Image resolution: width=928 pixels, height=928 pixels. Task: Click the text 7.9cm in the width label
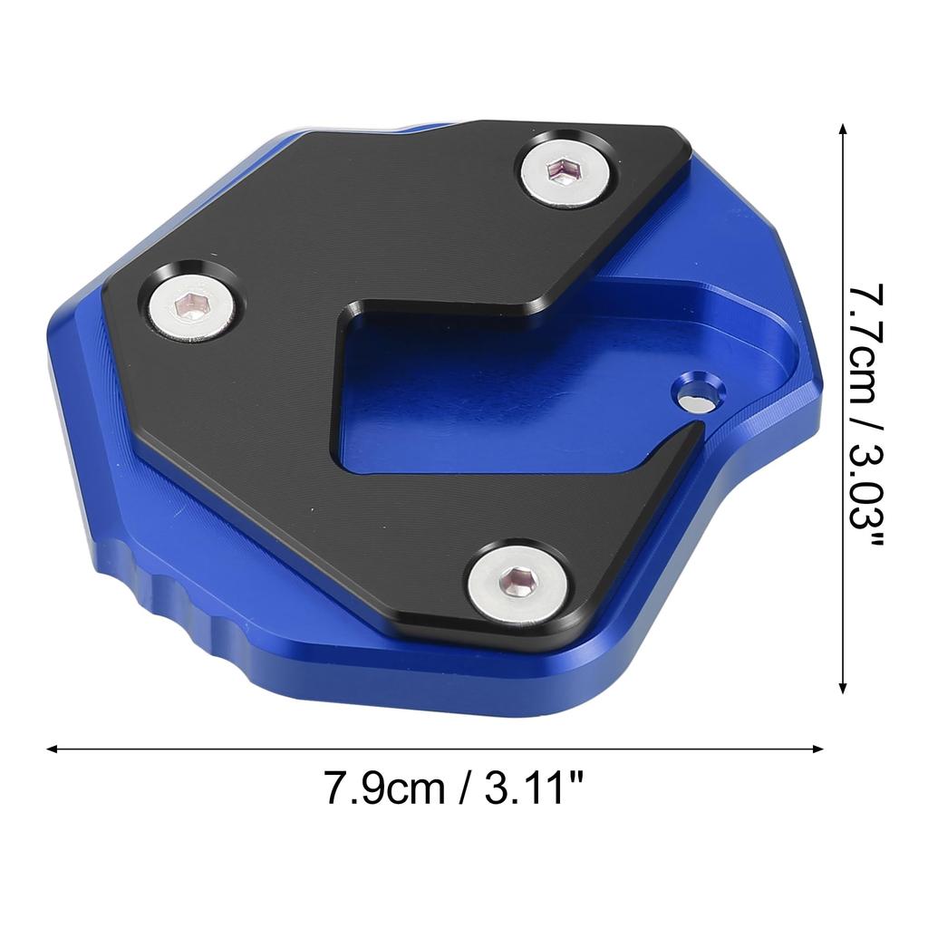pos(384,788)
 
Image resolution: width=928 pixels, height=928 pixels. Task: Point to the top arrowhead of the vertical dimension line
pos(845,130)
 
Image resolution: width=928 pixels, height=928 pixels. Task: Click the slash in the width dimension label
pos(463,788)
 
